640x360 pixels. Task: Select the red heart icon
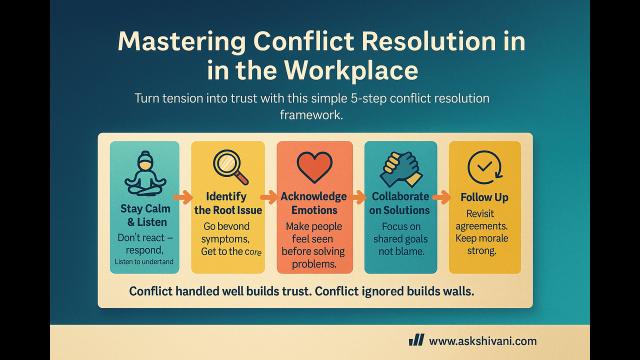click(x=314, y=166)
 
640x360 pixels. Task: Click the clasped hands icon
click(x=400, y=168)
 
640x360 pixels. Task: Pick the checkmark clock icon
click(x=484, y=168)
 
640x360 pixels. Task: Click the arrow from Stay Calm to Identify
click(x=183, y=196)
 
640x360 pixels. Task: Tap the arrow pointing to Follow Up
click(x=441, y=197)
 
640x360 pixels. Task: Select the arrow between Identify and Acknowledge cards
click(x=269, y=197)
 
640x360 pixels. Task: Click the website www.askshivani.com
click(x=482, y=341)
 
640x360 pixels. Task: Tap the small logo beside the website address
click(x=416, y=340)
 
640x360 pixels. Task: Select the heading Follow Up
click(x=484, y=197)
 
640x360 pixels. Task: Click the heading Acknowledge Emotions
click(x=314, y=203)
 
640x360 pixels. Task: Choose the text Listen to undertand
click(x=144, y=261)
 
